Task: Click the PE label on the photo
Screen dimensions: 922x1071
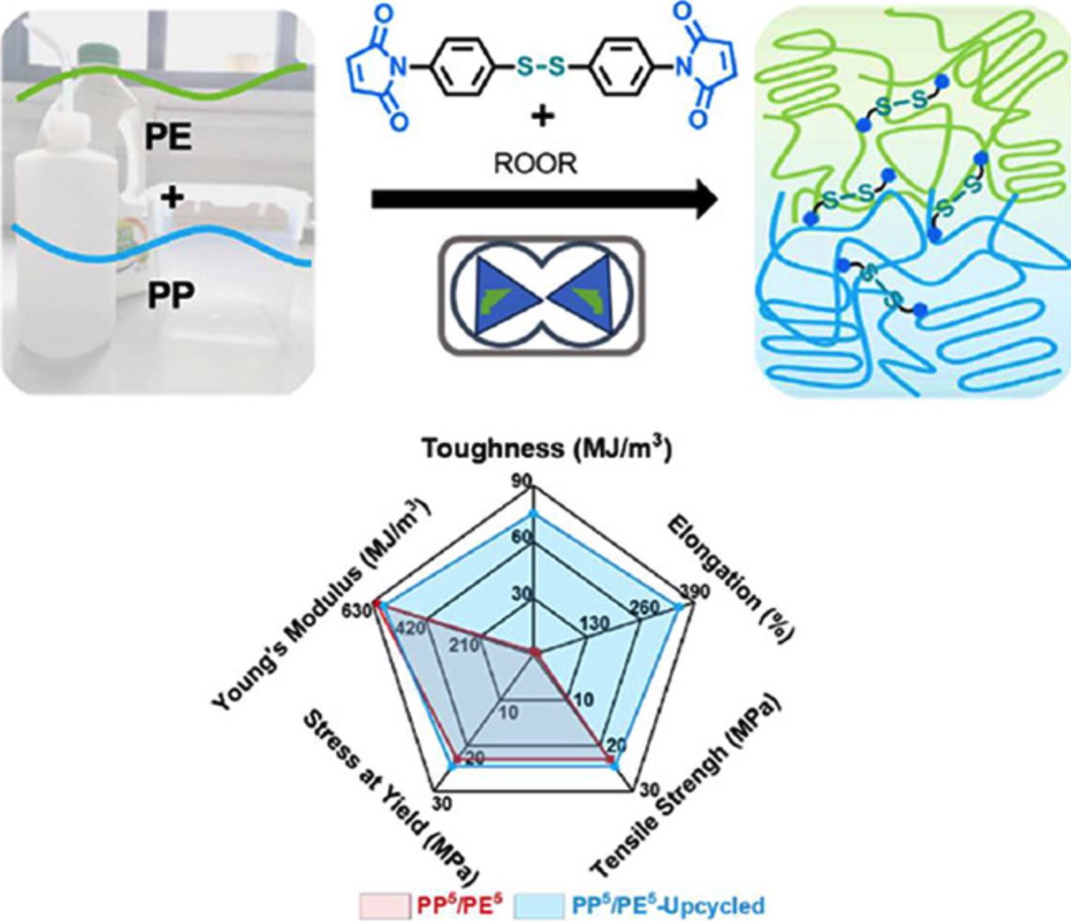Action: (169, 137)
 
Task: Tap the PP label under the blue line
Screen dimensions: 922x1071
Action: (171, 295)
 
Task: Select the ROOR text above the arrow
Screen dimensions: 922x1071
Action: (535, 164)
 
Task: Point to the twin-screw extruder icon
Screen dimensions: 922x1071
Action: (541, 295)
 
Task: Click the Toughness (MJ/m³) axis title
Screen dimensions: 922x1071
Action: (546, 449)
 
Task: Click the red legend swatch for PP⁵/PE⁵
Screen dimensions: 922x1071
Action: (383, 904)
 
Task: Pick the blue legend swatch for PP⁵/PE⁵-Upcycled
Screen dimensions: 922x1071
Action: (538, 904)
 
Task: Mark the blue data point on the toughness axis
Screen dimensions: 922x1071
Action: (535, 514)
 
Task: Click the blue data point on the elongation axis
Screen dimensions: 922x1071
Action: (680, 607)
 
